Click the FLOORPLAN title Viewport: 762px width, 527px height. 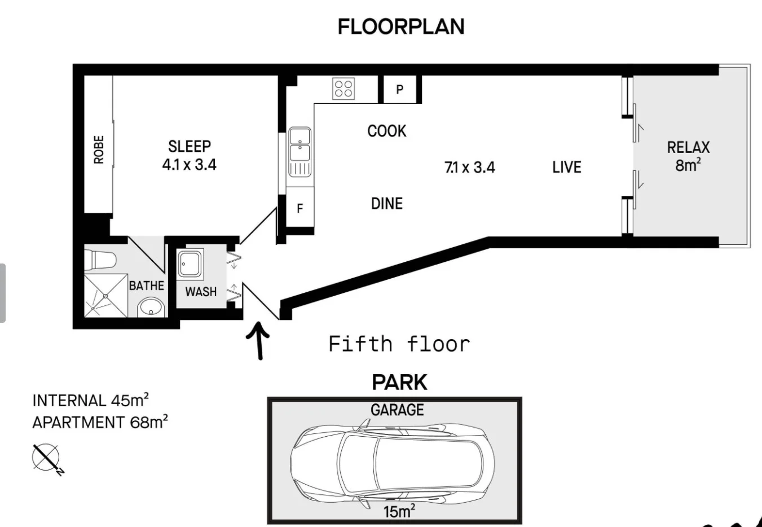click(400, 27)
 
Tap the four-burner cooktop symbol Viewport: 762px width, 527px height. click(343, 89)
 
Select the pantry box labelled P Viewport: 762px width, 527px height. click(399, 89)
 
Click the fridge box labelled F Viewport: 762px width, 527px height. click(300, 209)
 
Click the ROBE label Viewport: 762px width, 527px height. click(99, 150)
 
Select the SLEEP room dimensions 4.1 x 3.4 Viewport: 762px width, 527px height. click(189, 165)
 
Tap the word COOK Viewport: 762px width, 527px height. click(386, 131)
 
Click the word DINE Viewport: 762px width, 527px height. click(386, 204)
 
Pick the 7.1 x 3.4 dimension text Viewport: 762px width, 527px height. click(469, 168)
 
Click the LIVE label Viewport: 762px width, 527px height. click(566, 167)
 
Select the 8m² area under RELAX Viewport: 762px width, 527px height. click(688, 165)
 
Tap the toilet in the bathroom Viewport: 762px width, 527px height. click(100, 260)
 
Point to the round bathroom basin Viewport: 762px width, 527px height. click(150, 308)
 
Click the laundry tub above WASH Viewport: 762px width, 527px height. click(190, 263)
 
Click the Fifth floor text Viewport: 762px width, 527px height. click(399, 344)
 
